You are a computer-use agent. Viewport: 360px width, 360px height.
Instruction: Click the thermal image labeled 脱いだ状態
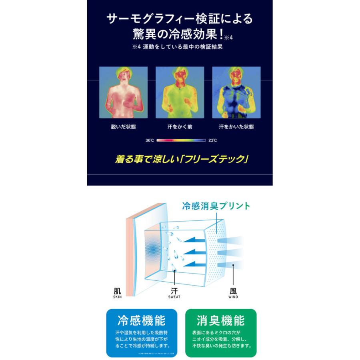[123, 92]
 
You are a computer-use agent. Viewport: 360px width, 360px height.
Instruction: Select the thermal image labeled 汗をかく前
[180, 92]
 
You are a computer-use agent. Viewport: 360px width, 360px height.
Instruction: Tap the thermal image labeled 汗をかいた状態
[236, 92]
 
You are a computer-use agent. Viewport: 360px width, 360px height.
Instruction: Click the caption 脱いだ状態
[123, 127]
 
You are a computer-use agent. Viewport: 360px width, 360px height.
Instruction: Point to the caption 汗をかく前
[180, 127]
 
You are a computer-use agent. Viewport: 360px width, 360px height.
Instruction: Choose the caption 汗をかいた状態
[236, 127]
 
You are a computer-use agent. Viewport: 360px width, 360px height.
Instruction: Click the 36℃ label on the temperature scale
[150, 141]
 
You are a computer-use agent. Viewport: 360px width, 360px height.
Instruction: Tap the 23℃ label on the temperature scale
[212, 141]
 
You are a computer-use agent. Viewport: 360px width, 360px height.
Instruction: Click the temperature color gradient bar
[181, 141]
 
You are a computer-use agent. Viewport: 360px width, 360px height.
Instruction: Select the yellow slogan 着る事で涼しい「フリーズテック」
[180, 159]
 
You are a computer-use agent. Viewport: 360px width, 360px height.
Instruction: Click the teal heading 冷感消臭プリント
[216, 206]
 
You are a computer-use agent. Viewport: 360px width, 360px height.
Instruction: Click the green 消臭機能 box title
[220, 321]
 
